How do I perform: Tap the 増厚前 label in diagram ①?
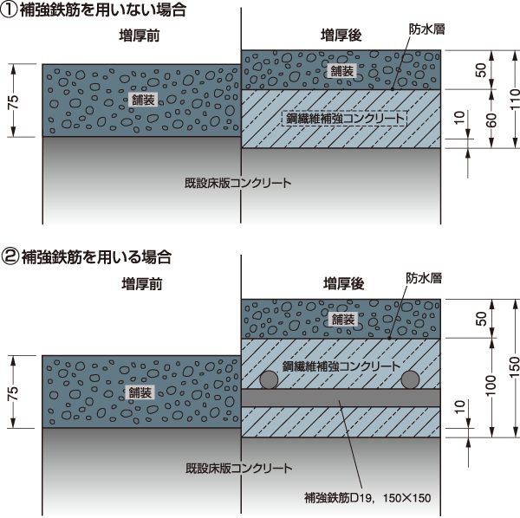point(140,36)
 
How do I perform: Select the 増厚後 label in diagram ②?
point(341,282)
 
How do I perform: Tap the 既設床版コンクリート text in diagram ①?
point(237,184)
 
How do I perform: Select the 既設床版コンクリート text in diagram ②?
point(237,468)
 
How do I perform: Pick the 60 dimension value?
point(491,120)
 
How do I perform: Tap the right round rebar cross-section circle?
point(411,380)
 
